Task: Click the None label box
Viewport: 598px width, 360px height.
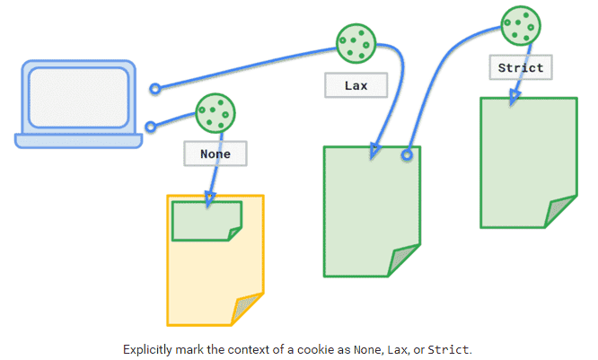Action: [215, 154]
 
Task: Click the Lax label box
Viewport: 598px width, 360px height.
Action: [356, 85]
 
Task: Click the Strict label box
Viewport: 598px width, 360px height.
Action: [520, 67]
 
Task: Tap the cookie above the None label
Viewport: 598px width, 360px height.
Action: [216, 113]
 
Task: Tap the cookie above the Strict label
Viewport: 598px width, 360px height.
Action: [521, 24]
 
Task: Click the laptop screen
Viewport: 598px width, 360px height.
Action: [78, 96]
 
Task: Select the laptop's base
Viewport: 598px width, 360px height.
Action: [78, 140]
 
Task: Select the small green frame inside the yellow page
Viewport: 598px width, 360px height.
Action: [206, 221]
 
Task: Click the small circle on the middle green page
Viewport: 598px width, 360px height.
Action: [407, 154]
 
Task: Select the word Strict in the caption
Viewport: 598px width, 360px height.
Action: [448, 348]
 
